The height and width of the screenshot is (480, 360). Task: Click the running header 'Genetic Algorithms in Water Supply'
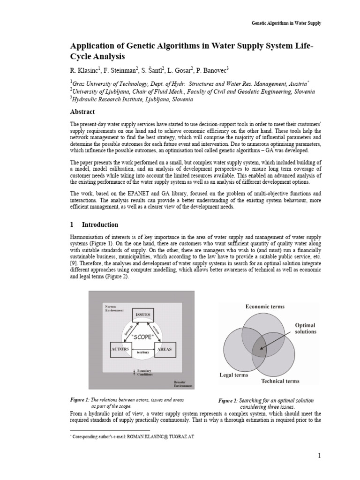click(x=286, y=23)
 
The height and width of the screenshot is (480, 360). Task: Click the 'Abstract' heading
click(x=82, y=112)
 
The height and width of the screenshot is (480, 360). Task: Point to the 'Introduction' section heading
click(x=100, y=225)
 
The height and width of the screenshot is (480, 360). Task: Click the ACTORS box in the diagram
click(x=120, y=350)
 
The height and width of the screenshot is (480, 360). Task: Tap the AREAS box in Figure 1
click(x=165, y=350)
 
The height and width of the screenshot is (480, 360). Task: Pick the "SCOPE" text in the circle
click(x=142, y=337)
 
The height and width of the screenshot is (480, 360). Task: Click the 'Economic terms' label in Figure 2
click(x=265, y=307)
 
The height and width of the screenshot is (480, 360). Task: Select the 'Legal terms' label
click(x=234, y=375)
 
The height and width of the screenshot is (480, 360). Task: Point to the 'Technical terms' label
click(x=280, y=381)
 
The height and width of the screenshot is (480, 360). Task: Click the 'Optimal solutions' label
click(x=305, y=328)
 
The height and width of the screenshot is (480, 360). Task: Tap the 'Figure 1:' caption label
click(x=80, y=399)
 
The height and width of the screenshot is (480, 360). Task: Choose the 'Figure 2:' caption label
click(x=228, y=401)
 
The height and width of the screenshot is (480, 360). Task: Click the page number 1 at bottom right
click(x=319, y=455)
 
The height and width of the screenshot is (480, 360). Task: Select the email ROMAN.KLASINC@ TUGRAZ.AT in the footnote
click(x=158, y=436)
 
